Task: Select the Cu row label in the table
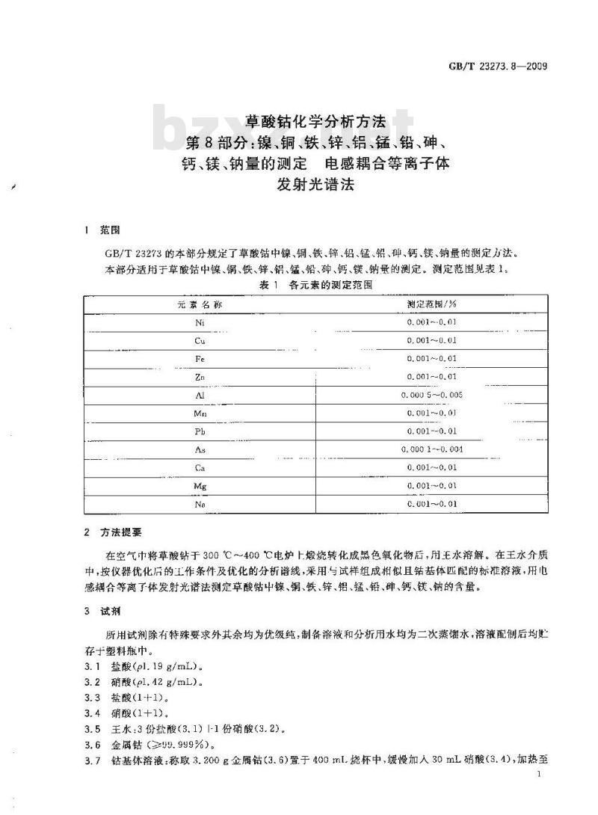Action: pyautogui.click(x=200, y=340)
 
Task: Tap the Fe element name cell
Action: pyautogui.click(x=200, y=359)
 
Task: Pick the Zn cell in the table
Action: pyautogui.click(x=200, y=377)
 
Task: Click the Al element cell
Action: pyautogui.click(x=200, y=395)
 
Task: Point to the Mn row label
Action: pyautogui.click(x=200, y=413)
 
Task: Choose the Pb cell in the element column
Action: pyautogui.click(x=200, y=431)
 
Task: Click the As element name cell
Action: pyautogui.click(x=200, y=449)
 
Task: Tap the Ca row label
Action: pyautogui.click(x=200, y=467)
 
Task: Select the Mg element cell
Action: pyautogui.click(x=200, y=486)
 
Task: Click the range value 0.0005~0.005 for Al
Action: pyautogui.click(x=432, y=395)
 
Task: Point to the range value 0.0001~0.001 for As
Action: pyautogui.click(x=432, y=449)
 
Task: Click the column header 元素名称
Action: pyautogui.click(x=200, y=304)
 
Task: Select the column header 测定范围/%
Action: pyautogui.click(x=432, y=304)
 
